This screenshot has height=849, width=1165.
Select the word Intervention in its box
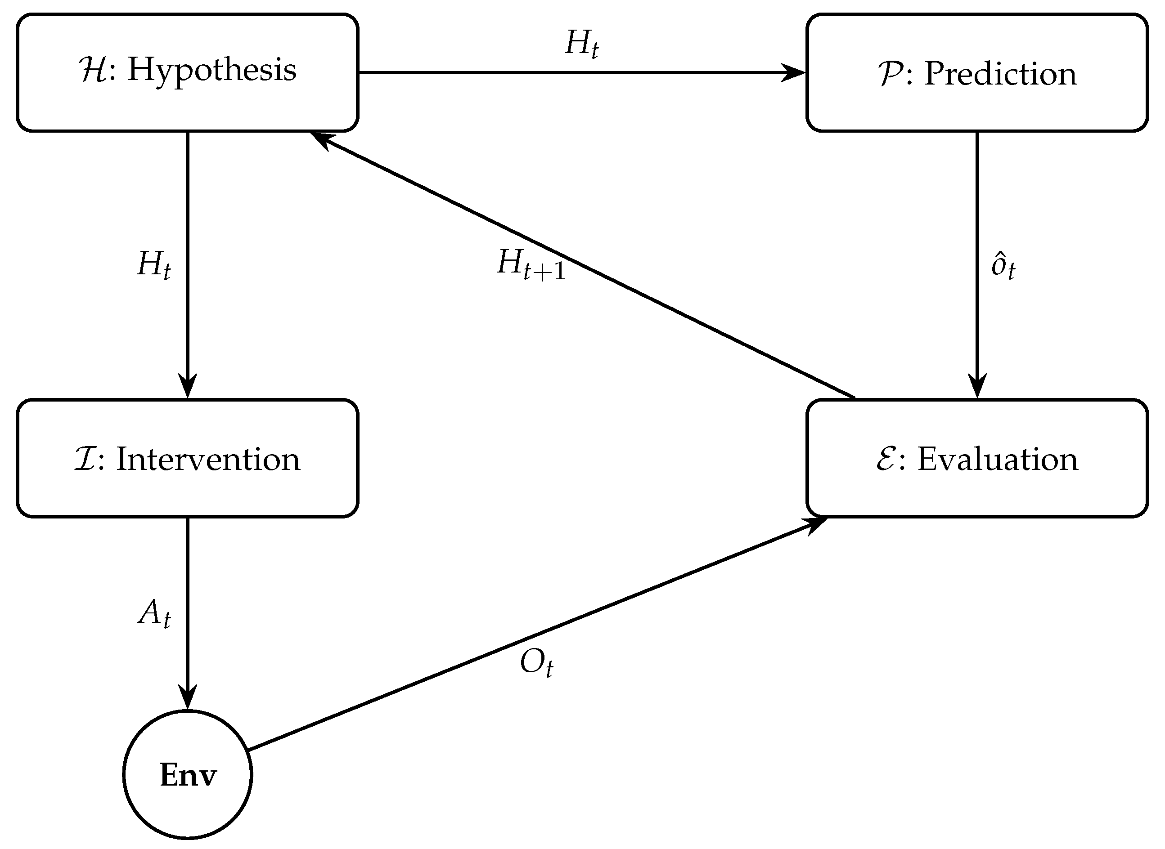coord(208,459)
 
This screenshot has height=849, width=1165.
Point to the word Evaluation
coord(998,459)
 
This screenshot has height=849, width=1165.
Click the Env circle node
coord(188,775)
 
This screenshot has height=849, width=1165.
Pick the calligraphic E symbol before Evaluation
coord(886,459)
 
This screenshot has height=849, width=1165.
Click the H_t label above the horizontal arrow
coord(581,44)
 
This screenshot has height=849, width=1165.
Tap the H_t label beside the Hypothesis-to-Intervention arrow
coord(153,265)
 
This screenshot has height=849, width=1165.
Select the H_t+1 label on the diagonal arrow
coord(531,265)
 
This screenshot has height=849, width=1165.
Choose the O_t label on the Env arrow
coord(536,663)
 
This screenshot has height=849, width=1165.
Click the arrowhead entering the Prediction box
coord(794,72)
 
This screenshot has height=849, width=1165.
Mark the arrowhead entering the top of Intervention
coord(188,386)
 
